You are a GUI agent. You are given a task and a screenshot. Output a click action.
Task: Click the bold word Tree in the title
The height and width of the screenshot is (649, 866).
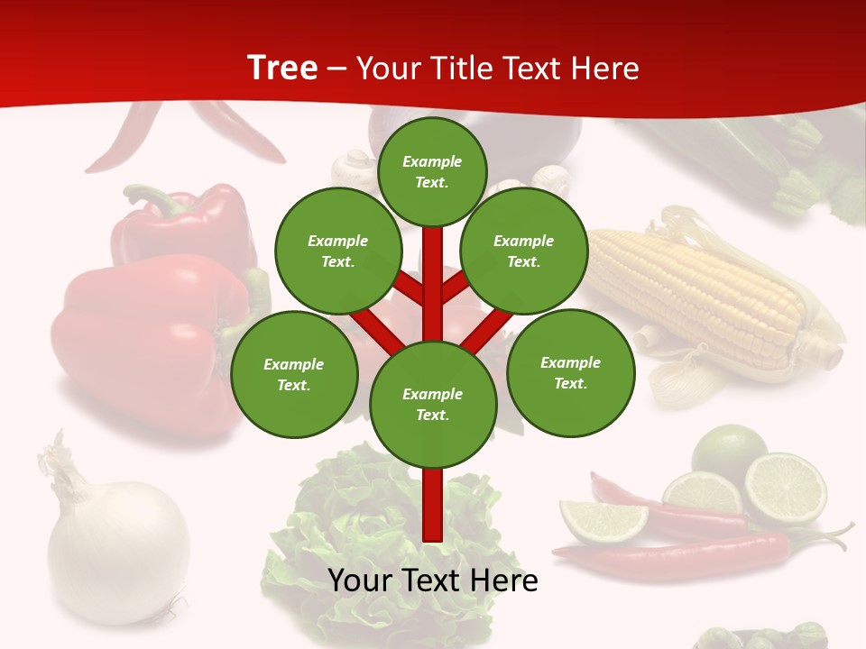(x=282, y=69)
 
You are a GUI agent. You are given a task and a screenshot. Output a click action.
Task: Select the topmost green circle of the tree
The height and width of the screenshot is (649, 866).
(x=432, y=171)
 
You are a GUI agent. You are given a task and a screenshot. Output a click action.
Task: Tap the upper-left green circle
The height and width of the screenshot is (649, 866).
(x=338, y=251)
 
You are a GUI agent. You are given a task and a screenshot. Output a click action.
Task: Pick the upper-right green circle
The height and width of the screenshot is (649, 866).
(x=523, y=251)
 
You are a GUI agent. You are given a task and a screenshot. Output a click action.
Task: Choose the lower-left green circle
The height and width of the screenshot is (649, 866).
(x=294, y=374)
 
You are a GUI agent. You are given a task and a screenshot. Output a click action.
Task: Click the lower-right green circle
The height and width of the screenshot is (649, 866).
(x=570, y=372)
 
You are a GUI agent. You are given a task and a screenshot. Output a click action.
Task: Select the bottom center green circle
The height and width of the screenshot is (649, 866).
(x=433, y=404)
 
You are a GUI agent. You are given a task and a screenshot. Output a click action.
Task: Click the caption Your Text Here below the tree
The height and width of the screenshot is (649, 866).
(x=433, y=580)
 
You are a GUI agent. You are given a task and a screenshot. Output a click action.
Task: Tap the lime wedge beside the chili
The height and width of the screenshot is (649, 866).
(x=603, y=520)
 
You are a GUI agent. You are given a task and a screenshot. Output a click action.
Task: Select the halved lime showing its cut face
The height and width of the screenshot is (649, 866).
(x=785, y=489)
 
